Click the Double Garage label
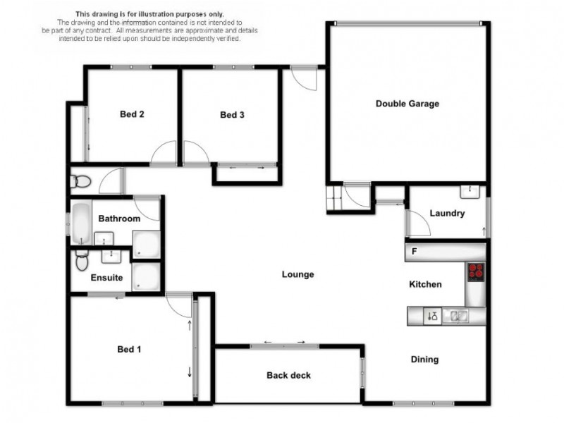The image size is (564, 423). [407, 104]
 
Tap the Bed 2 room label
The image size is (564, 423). [132, 114]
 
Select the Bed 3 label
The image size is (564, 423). [232, 115]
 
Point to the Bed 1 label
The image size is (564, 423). [129, 349]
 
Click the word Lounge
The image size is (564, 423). [298, 274]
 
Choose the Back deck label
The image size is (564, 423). [288, 375]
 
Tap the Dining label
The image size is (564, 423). [424, 360]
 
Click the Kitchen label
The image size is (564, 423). [426, 284]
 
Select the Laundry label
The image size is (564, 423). [447, 213]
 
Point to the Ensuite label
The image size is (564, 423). [107, 278]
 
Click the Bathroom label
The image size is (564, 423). [118, 219]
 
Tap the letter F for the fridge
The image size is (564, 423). [415, 251]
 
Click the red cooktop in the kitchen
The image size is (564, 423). [477, 271]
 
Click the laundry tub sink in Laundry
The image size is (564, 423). [470, 190]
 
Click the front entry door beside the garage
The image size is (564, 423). [303, 78]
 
